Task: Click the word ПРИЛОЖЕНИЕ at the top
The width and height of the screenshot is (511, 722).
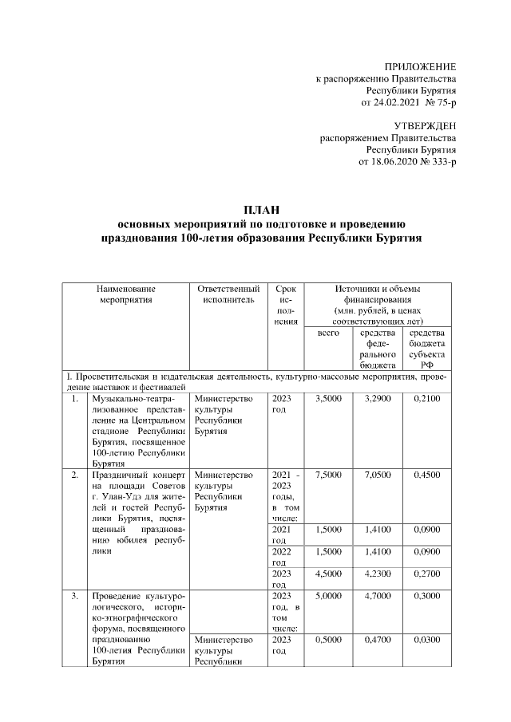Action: click(420, 66)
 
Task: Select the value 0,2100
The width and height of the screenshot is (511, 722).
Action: click(427, 398)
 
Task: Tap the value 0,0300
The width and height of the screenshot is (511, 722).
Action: click(427, 639)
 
